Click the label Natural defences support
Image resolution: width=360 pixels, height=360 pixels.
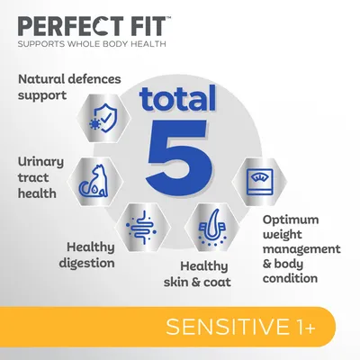(x=69, y=86)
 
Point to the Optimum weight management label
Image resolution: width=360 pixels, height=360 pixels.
(x=301, y=247)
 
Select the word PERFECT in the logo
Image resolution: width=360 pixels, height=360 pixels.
(x=59, y=23)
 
